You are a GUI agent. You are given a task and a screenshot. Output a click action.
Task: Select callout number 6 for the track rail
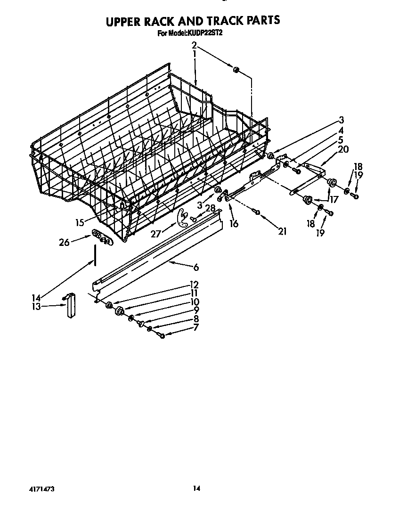pos(196,268)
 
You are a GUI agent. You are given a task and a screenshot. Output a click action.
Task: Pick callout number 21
pos(283,231)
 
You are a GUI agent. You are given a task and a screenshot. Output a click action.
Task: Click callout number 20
pos(343,149)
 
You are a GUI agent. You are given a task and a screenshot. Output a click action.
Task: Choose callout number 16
pos(234,224)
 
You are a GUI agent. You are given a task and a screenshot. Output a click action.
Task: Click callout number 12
pos(194,285)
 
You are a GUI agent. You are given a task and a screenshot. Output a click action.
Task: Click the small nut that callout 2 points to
pos(236,70)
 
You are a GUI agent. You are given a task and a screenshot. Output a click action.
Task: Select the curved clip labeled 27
pos(181,216)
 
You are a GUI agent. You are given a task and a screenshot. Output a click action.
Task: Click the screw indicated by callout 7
pos(162,335)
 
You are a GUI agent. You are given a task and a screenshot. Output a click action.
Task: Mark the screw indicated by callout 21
pos(257,212)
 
